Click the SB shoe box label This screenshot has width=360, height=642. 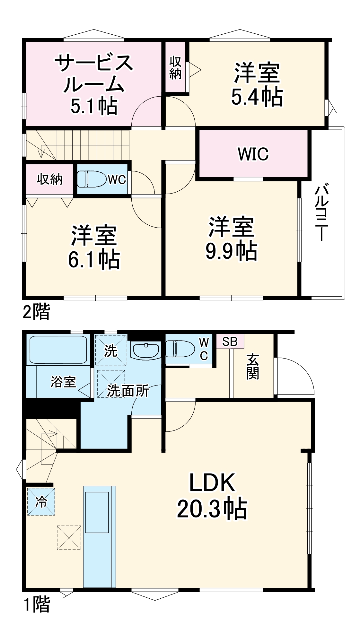[x=230, y=342]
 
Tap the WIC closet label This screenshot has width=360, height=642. [x=253, y=154]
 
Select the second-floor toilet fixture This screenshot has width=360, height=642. [x=91, y=179]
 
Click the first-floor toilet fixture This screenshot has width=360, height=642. [x=180, y=349]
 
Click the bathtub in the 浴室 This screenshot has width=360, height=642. [x=58, y=349]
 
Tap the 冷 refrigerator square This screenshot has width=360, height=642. [x=41, y=502]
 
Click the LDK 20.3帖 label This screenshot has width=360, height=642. [x=212, y=496]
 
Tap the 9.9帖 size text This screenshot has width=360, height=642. [x=231, y=251]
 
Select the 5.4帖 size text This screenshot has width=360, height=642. [x=257, y=97]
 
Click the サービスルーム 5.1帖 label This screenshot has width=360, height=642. [x=94, y=84]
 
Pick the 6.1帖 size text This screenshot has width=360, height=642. [x=94, y=260]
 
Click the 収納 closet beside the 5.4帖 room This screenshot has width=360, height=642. [x=175, y=68]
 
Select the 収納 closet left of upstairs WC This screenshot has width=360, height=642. [x=49, y=179]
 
